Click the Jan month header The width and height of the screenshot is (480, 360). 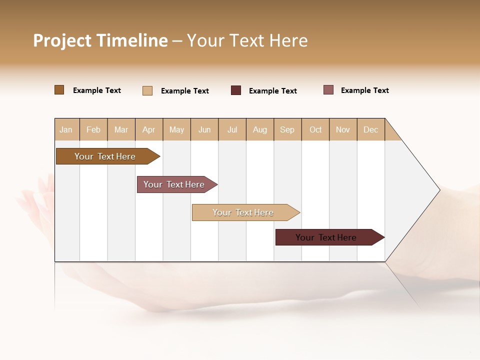tap(66, 129)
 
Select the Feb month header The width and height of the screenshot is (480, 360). tap(93, 129)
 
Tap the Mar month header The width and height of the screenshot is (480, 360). tap(121, 129)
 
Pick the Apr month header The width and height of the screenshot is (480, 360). tap(149, 129)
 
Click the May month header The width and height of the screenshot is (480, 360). tap(176, 129)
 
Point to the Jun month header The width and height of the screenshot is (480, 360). tap(204, 129)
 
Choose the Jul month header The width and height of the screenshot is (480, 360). tap(232, 129)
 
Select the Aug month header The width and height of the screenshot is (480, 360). tap(260, 129)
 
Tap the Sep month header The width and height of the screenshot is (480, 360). tap(287, 129)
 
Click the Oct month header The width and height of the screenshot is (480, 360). tap(315, 129)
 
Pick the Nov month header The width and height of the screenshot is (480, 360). tap(343, 129)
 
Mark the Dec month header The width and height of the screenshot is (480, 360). tap(371, 129)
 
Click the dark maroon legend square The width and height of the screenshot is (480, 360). tap(236, 90)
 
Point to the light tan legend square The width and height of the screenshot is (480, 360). tap(147, 90)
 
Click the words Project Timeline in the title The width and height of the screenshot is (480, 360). tap(100, 40)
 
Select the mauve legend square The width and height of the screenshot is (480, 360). tap(328, 90)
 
